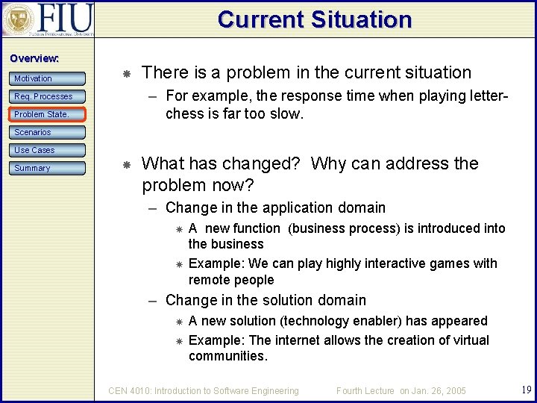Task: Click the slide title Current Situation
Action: tap(314, 19)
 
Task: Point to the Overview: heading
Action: tap(34, 58)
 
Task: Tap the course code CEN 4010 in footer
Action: tap(131, 390)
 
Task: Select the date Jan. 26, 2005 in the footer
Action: tap(439, 390)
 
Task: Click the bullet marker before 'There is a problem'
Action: tap(127, 73)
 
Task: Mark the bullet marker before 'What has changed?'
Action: tap(127, 163)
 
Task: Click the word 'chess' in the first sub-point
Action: tap(183, 114)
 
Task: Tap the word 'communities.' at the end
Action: tap(227, 356)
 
